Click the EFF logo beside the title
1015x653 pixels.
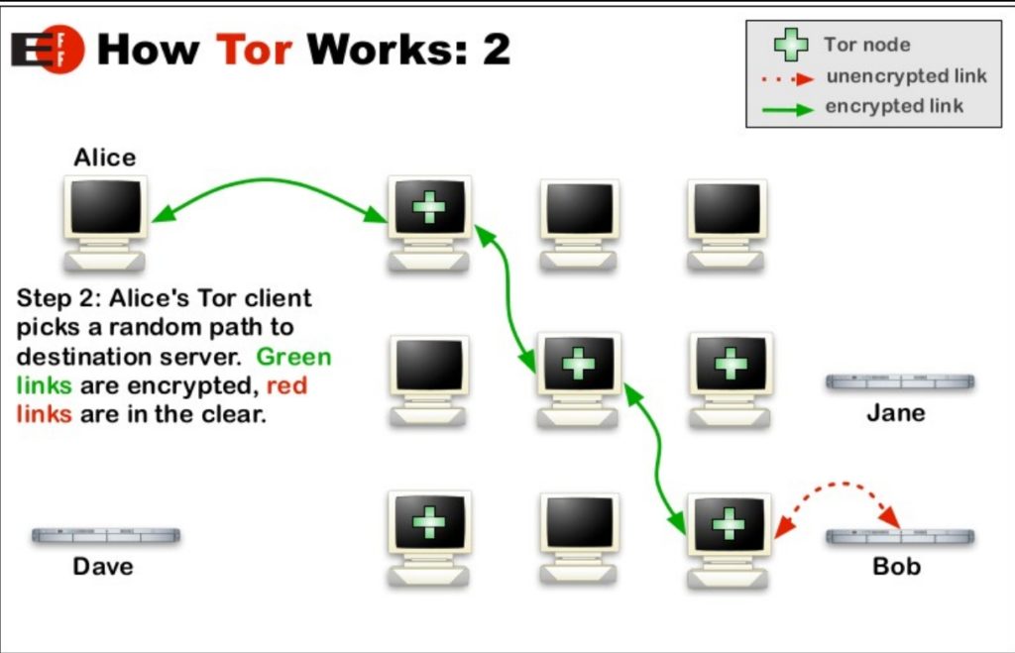click(48, 49)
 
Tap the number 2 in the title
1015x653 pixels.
click(496, 48)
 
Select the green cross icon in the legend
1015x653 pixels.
click(790, 45)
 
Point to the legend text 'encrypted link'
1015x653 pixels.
click(893, 106)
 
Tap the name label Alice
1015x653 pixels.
click(104, 158)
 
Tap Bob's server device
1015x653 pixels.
click(900, 536)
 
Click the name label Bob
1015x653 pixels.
click(896, 567)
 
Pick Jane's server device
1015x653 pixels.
click(900, 381)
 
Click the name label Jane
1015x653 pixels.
click(895, 412)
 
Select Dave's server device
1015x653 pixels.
click(105, 535)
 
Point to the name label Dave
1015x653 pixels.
click(103, 567)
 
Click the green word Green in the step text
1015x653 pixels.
click(294, 357)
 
